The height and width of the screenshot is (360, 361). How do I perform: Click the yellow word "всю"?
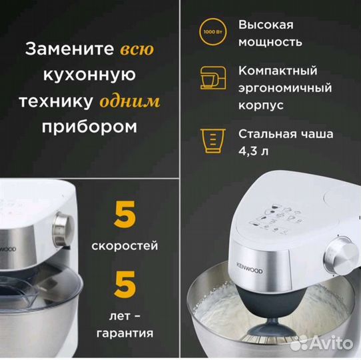coord(138,49)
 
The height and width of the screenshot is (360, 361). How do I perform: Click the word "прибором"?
coord(91,127)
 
